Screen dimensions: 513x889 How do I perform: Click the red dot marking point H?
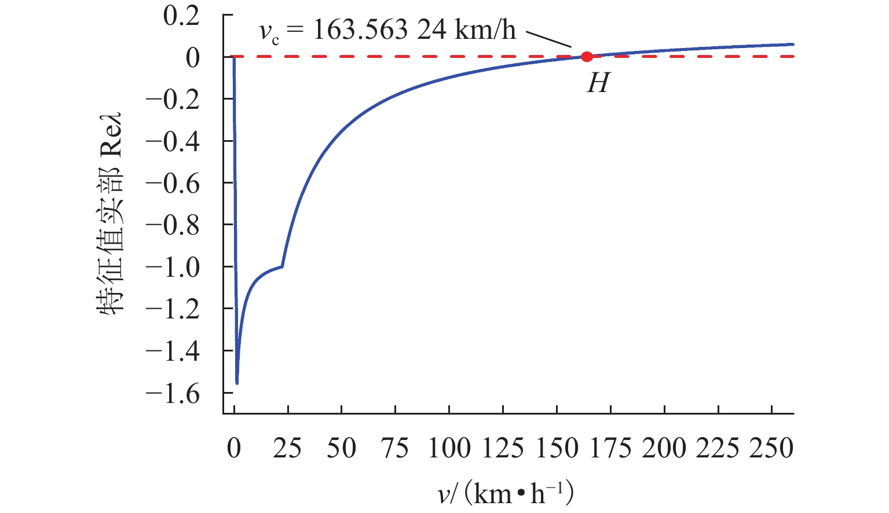587,57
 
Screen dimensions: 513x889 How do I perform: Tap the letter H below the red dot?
598,84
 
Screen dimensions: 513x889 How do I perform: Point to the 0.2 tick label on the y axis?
181,16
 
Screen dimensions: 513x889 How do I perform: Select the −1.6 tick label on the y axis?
173,394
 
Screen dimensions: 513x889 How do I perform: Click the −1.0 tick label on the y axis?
173,268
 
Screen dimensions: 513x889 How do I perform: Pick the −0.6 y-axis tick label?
173,184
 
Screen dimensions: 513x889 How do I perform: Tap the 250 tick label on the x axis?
771,449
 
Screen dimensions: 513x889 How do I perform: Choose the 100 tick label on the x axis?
449,449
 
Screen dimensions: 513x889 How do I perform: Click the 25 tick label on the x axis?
288,449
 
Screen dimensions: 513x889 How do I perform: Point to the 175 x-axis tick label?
610,449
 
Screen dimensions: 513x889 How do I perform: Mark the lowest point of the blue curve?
237,383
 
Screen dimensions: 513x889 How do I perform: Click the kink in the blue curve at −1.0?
282,266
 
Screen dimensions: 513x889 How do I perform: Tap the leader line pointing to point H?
548,39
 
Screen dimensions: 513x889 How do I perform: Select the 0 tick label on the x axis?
233,449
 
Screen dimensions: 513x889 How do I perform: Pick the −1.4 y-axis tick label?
173,351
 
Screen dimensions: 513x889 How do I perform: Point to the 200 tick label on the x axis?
664,449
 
